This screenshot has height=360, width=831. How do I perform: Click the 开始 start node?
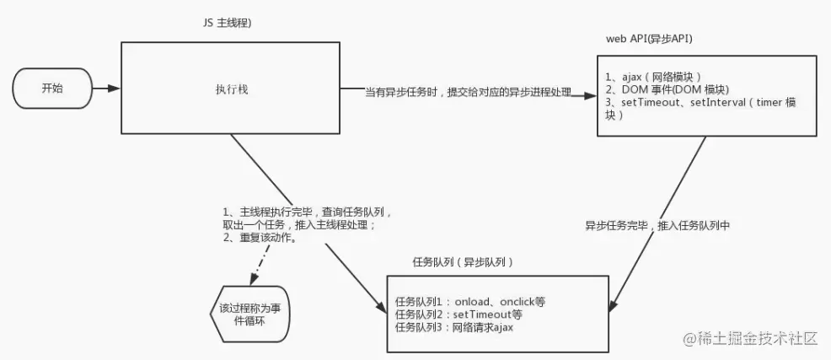pyautogui.click(x=52, y=88)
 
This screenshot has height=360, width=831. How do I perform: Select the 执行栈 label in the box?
pyautogui.click(x=230, y=89)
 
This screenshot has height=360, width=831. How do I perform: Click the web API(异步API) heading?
pyautogui.click(x=650, y=39)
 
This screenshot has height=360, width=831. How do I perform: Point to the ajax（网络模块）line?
pyautogui.click(x=653, y=76)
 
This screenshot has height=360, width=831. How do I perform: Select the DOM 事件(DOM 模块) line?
pyautogui.click(x=667, y=89)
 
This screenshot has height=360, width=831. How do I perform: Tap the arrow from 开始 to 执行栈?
pyautogui.click(x=106, y=88)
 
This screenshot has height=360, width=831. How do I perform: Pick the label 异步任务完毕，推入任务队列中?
pyautogui.click(x=657, y=226)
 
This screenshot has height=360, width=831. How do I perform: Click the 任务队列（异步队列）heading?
pyautogui.click(x=464, y=262)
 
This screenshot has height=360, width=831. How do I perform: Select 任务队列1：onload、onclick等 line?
pyautogui.click(x=477, y=301)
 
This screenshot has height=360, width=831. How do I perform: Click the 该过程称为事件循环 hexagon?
pyautogui.click(x=243, y=313)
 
